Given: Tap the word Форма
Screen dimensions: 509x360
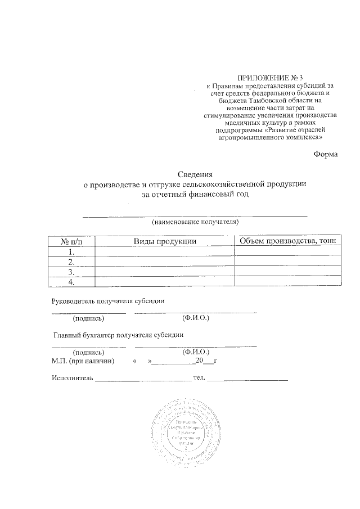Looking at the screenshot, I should coord(325,155).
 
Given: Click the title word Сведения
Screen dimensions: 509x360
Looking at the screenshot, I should coord(194,174).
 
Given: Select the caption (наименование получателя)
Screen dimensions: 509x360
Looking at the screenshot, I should coord(195,222).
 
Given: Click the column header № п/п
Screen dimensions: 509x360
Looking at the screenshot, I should coord(71,241).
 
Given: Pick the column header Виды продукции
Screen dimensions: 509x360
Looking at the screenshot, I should coord(164,241).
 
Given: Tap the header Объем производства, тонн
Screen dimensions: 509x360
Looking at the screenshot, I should coord(287,241).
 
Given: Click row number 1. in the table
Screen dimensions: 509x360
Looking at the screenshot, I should coord(71,251).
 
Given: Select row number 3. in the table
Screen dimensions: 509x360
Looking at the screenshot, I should coord(71,272).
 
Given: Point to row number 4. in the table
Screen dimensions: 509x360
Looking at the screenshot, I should coord(71,282).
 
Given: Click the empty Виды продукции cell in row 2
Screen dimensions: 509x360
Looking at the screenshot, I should coord(164,262).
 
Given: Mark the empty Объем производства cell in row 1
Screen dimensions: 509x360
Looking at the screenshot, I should coord(287,251).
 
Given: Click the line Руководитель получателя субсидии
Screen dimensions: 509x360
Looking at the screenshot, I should coord(107,301).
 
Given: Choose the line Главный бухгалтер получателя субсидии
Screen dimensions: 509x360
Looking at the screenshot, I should coord(119,336).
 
